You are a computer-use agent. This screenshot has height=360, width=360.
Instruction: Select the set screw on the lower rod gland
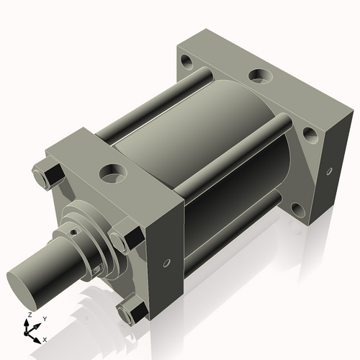[x=98, y=269]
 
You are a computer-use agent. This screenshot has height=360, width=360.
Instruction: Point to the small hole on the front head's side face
[x=168, y=263]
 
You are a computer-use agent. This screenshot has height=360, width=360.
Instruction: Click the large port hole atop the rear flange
[x=258, y=75]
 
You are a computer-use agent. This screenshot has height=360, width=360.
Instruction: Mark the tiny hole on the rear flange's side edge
[x=329, y=172]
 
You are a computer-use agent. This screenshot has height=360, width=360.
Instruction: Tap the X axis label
[x=45, y=338]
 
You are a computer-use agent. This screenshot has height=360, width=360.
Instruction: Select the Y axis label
[x=44, y=318]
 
